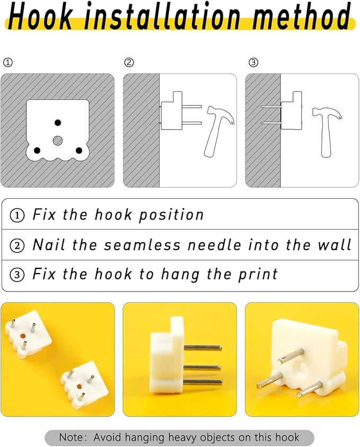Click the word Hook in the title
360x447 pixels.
[40, 15]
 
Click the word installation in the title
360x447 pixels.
[162, 15]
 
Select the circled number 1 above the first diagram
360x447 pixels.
[8, 63]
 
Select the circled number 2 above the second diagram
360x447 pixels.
[129, 63]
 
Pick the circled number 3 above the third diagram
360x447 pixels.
[253, 63]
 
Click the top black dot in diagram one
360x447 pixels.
[58, 123]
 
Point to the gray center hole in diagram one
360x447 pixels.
[58, 141]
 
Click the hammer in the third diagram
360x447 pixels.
[327, 132]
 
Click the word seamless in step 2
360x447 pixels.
[143, 245]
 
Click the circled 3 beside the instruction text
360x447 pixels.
[17, 275]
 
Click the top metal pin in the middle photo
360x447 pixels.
[203, 347]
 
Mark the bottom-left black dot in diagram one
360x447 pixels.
[37, 150]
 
